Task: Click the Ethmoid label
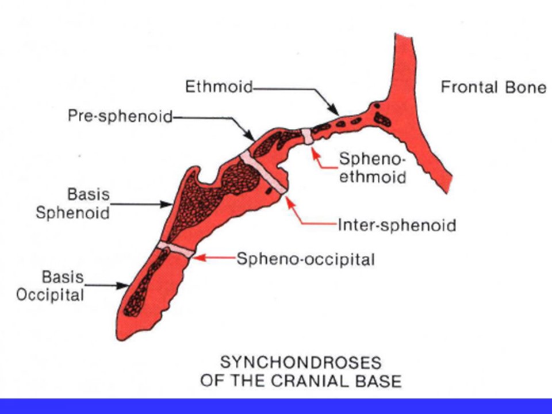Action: (x=219, y=87)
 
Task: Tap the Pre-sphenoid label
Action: (x=120, y=116)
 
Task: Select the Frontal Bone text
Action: (x=493, y=87)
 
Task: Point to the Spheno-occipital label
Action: (x=305, y=259)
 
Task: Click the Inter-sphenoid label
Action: (x=397, y=225)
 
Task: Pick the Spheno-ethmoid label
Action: (x=373, y=168)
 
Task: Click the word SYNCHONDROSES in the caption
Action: (x=301, y=363)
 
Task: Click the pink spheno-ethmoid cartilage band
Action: (x=307, y=137)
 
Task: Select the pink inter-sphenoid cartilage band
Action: (x=263, y=172)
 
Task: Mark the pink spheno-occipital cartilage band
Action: (x=176, y=248)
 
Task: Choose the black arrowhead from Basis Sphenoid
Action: (x=166, y=204)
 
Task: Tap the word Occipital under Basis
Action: (x=50, y=295)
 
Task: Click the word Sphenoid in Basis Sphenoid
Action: (x=73, y=213)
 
